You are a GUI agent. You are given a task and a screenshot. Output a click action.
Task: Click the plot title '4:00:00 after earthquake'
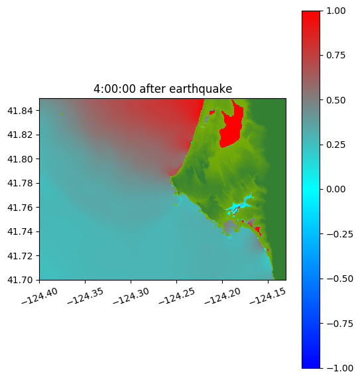click(x=163, y=89)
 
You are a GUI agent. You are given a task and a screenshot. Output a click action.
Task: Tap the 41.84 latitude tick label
click(x=20, y=111)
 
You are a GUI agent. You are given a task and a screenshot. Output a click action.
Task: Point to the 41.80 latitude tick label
click(x=20, y=159)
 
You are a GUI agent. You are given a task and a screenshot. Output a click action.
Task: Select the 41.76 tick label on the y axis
click(x=20, y=208)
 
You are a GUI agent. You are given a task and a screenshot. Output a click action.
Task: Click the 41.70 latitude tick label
click(x=20, y=280)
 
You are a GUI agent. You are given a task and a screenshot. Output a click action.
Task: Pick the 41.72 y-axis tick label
click(x=20, y=256)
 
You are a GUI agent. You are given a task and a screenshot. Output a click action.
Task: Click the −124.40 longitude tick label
click(x=40, y=296)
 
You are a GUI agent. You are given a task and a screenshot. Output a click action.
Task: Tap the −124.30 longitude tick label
click(x=131, y=296)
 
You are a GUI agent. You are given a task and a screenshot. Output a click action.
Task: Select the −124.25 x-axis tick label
click(x=176, y=296)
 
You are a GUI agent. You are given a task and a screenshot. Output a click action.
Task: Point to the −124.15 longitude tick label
click(x=268, y=296)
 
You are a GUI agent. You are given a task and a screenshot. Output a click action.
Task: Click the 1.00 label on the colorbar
click(x=335, y=11)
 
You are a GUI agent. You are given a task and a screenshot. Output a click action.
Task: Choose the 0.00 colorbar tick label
click(x=335, y=189)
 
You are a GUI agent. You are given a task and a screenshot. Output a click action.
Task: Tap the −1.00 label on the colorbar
click(x=339, y=368)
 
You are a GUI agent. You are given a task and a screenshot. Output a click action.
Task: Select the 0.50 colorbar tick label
click(x=335, y=100)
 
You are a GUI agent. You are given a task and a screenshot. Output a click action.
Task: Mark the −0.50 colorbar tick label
click(x=339, y=279)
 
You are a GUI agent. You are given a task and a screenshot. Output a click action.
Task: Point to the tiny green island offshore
click(x=62, y=113)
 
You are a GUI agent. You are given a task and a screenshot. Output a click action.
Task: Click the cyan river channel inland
click(x=240, y=206)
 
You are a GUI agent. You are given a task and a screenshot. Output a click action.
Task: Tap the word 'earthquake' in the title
click(x=201, y=89)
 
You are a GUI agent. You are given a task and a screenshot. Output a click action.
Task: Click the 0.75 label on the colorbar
click(x=335, y=55)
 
